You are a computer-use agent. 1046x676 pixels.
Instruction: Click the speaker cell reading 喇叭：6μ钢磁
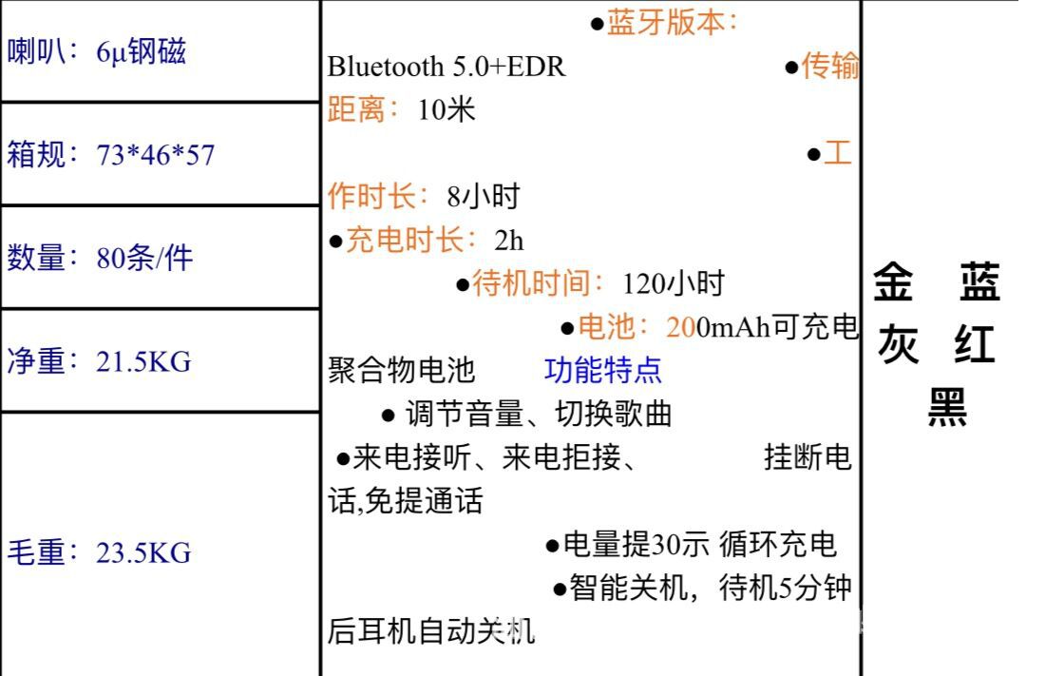pyautogui.click(x=96, y=51)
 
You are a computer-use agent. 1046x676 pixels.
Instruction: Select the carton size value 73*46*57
pyautogui.click(x=156, y=155)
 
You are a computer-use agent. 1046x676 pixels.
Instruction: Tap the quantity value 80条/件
pyautogui.click(x=144, y=258)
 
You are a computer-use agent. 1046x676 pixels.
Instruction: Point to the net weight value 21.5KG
pyautogui.click(x=143, y=361)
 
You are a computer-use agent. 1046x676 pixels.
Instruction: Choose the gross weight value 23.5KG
pyautogui.click(x=143, y=551)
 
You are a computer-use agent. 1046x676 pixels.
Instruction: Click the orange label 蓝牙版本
pyautogui.click(x=666, y=24)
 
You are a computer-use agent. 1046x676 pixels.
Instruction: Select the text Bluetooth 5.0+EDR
pyautogui.click(x=446, y=68)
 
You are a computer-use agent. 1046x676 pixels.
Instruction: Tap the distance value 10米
pyautogui.click(x=447, y=110)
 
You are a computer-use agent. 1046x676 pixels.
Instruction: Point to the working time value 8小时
pyautogui.click(x=484, y=197)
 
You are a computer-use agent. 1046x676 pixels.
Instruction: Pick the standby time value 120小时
pyautogui.click(x=673, y=282)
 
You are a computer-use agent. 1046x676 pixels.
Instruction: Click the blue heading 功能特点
pyautogui.click(x=603, y=370)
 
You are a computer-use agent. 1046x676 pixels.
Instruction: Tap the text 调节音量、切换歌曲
pyautogui.click(x=539, y=414)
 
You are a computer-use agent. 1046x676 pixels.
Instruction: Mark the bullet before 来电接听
pyautogui.click(x=343, y=458)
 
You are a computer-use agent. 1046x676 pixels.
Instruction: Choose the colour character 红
pyautogui.click(x=976, y=344)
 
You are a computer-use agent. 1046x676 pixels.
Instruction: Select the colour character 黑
pyautogui.click(x=946, y=408)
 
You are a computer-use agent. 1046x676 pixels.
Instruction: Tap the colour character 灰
pyautogui.click(x=898, y=344)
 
